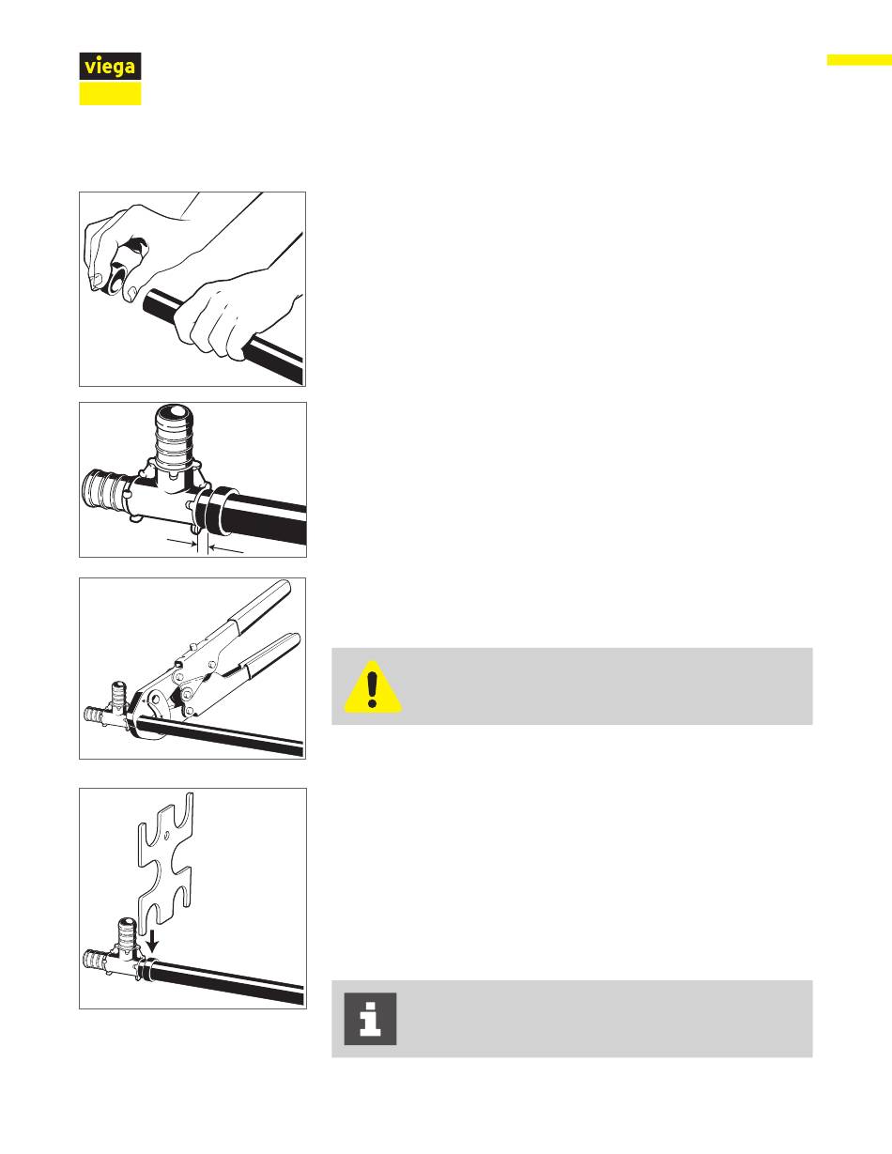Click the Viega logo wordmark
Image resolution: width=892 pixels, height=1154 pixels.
point(111,67)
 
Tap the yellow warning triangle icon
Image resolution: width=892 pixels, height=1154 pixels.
point(373,686)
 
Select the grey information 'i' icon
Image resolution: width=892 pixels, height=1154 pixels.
point(370,1019)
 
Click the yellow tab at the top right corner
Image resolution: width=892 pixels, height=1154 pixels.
point(859,59)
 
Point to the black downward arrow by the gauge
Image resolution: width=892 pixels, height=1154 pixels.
point(153,940)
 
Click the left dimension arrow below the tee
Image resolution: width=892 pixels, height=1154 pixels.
point(180,542)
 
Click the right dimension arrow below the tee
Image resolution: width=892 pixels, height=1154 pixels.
point(226,549)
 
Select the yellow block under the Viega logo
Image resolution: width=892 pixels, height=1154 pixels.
point(111,93)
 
